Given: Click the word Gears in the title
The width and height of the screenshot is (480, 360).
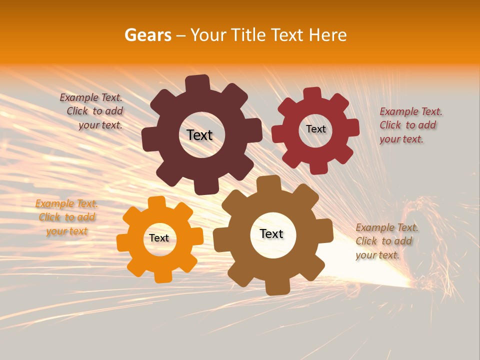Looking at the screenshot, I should (x=147, y=35).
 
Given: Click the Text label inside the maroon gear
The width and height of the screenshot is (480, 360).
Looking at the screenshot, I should (x=199, y=135).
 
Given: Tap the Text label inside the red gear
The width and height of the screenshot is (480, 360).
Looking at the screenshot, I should (x=315, y=129).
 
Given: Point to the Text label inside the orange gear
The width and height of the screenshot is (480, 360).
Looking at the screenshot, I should (x=159, y=238).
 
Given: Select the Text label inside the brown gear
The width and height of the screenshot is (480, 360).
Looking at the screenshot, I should (x=271, y=233).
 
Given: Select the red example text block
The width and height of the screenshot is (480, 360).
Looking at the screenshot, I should (x=410, y=125).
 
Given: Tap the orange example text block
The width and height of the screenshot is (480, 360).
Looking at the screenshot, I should (x=66, y=217).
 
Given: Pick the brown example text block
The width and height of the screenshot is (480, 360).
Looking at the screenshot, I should (x=386, y=241).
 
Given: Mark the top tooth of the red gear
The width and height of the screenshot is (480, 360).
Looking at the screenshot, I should (x=312, y=94).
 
